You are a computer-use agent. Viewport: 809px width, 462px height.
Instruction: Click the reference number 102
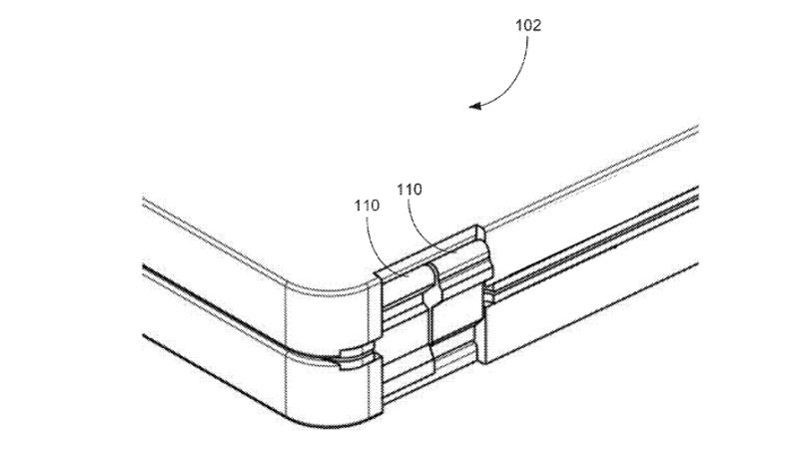tap(528, 25)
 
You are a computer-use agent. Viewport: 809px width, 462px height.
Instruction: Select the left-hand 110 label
tap(367, 206)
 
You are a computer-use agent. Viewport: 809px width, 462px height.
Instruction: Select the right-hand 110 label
tap(409, 190)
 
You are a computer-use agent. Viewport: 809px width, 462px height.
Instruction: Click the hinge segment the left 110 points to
tap(406, 287)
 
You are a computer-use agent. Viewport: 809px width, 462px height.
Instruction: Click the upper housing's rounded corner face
tap(329, 314)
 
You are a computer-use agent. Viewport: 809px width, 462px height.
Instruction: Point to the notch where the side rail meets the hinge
tap(488, 295)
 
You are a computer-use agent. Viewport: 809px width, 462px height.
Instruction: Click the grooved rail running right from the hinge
tap(593, 242)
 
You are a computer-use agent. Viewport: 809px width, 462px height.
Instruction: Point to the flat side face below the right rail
tap(593, 314)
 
